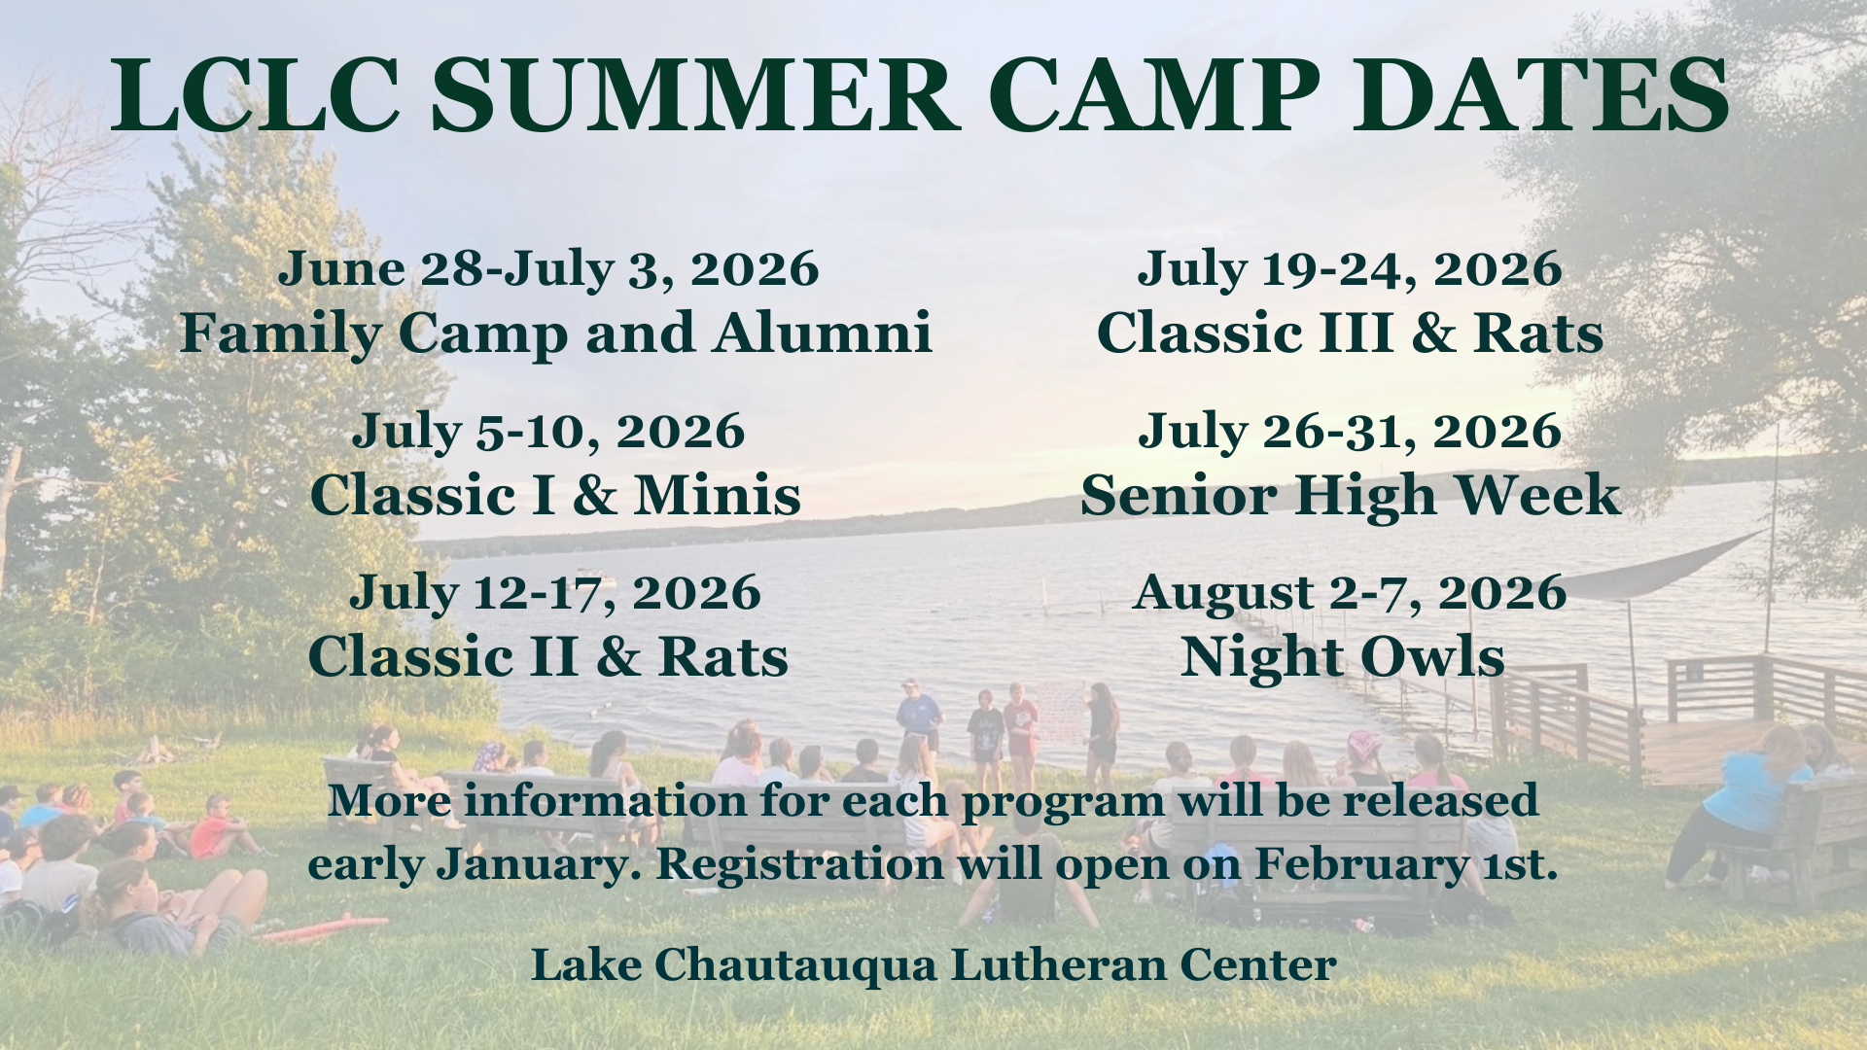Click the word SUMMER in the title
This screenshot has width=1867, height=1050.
pos(696,95)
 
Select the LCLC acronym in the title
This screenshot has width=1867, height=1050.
pos(256,95)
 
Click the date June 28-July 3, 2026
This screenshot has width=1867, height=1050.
pos(549,269)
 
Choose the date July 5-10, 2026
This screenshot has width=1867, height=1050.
pos(549,432)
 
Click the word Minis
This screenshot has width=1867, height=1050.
pos(718,495)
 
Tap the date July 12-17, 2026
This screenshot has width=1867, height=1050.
pos(555,593)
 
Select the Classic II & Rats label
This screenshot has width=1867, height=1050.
pos(548,657)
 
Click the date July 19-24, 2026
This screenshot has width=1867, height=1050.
pos(1350,269)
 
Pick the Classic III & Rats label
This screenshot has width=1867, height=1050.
pos(1350,333)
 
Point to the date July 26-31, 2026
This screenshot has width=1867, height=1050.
pos(1350,432)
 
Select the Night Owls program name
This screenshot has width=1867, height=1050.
pos(1343,658)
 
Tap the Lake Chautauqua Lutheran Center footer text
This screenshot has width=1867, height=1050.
pos(933,965)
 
